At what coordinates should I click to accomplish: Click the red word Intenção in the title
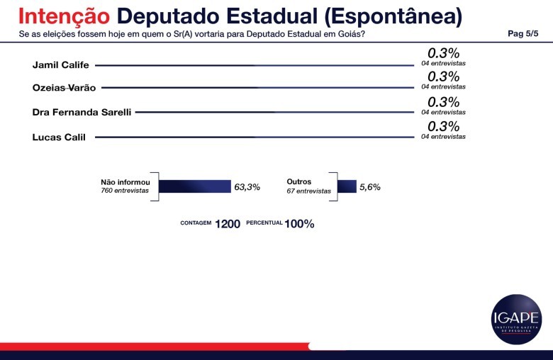[64, 16]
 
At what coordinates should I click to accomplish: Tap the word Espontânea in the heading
[383, 16]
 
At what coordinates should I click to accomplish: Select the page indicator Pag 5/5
[523, 33]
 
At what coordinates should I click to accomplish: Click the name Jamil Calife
[60, 65]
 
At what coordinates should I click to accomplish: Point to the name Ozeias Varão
[65, 88]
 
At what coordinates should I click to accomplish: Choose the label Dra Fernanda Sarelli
[82, 112]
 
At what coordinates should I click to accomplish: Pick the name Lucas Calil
[60, 137]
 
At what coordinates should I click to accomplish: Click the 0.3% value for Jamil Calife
[444, 53]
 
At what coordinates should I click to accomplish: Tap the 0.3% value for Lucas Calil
[444, 126]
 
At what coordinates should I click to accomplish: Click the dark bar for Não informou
[195, 186]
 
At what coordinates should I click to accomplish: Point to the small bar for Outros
[347, 186]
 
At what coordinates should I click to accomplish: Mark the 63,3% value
[247, 187]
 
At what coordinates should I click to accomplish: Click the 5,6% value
[370, 187]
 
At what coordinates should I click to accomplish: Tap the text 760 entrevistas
[125, 191]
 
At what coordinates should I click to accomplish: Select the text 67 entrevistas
[308, 191]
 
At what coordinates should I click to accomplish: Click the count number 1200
[228, 224]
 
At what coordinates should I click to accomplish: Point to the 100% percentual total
[299, 224]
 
